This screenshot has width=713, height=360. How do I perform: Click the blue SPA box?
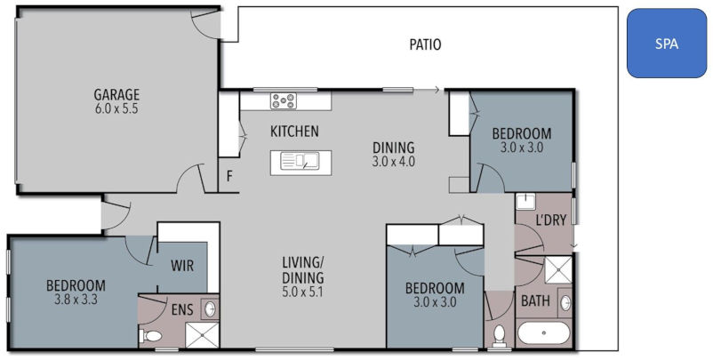coord(666,44)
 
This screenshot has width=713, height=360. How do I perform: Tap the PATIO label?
coord(424,44)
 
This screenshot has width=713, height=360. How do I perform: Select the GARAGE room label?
coord(117,94)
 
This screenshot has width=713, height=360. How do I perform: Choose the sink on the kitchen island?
coord(300,161)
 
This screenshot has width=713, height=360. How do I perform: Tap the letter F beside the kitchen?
coord(229,176)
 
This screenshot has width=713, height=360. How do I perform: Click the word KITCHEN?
coord(294,132)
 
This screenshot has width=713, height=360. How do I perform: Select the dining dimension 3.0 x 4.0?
coord(394,162)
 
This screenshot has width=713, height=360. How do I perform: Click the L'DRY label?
coord(549,220)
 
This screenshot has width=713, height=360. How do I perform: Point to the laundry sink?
coord(525,201)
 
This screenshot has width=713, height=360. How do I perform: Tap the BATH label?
coord(535,301)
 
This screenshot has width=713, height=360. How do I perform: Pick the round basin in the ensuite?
coord(210,309)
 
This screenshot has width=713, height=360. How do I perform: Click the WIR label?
coord(182,265)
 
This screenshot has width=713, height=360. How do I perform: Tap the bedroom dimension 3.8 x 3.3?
coord(76,300)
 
